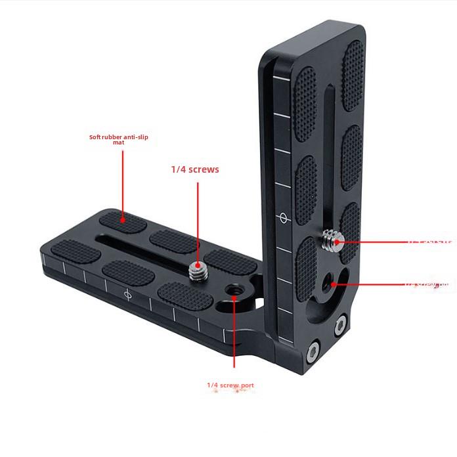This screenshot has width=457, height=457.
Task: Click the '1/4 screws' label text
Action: pos(195,169)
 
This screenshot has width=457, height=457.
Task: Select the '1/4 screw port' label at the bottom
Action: pos(230,385)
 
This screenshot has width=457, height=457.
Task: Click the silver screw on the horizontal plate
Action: pos(196,269)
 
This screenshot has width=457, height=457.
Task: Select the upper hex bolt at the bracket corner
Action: pos(339,324)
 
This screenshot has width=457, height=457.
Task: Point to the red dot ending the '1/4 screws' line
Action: pos(198,265)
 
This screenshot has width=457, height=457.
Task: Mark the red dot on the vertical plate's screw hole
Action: pos(334,284)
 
